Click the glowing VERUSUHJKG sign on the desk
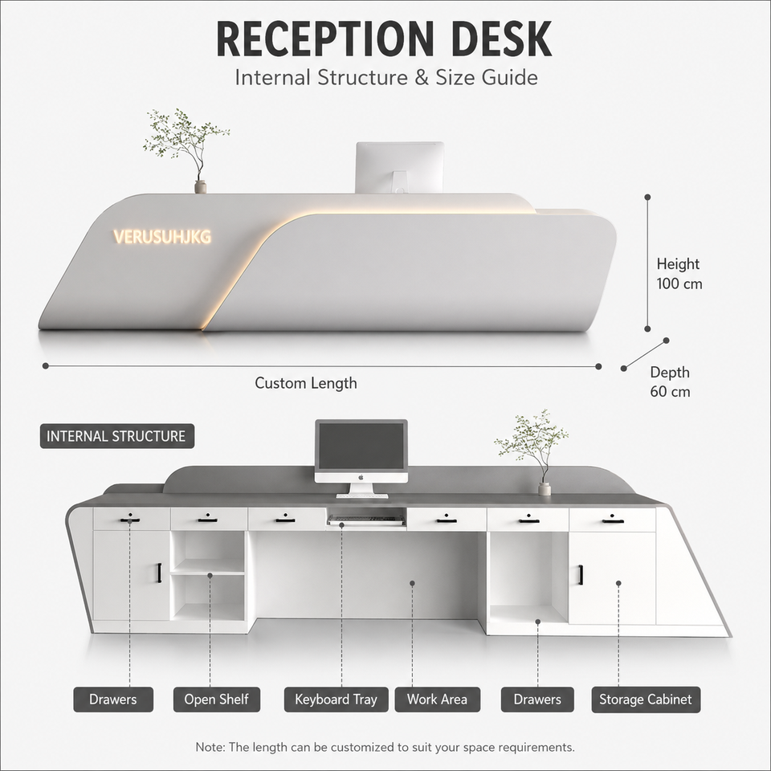[162, 236]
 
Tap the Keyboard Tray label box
[336, 700]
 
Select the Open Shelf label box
[216, 700]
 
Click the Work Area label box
[437, 700]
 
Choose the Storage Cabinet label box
[646, 700]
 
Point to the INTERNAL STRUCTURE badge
[117, 436]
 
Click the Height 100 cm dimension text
[679, 274]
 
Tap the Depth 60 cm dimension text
[670, 381]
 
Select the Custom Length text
[306, 383]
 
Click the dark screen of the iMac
[361, 446]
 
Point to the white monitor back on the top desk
[400, 167]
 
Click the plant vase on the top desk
[200, 187]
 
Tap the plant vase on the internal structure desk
[545, 489]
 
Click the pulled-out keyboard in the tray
[367, 520]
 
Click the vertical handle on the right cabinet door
[581, 575]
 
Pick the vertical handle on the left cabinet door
[159, 573]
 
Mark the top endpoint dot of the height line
[647, 198]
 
